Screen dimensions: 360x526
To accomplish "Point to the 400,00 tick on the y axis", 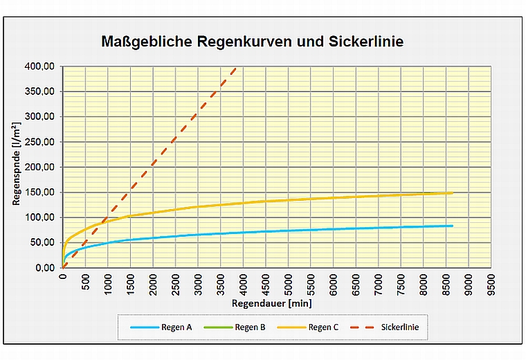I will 41,66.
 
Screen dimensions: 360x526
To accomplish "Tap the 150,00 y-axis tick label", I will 41,192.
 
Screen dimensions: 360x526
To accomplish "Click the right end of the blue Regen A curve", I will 452,226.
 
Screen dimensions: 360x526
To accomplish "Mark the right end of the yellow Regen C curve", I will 452,193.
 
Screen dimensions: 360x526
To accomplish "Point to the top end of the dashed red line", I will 236,67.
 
